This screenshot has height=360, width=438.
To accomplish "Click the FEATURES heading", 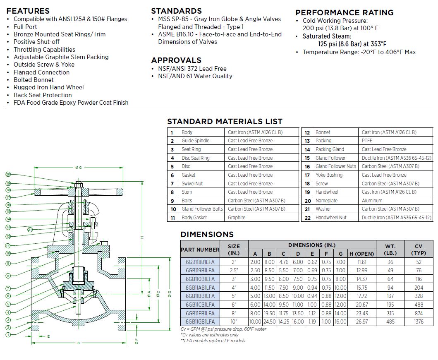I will click(x=28, y=11).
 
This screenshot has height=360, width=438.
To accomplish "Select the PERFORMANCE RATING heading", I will click(x=345, y=12).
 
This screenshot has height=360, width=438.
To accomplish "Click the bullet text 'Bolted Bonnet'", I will click(x=34, y=80).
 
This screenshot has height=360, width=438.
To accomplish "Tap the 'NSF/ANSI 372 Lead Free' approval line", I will click(x=192, y=69).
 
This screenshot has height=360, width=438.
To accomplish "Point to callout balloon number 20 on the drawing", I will click(x=8, y=175).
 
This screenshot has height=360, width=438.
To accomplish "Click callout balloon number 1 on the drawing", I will click(x=8, y=335).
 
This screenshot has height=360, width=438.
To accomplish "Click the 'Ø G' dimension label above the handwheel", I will click(x=78, y=167).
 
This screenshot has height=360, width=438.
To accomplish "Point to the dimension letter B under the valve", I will click(x=78, y=343).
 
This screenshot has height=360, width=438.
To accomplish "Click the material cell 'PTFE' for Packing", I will click(x=367, y=141).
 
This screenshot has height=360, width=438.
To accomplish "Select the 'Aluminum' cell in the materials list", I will click(x=372, y=201).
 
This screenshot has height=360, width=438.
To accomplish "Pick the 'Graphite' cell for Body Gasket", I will click(x=237, y=218).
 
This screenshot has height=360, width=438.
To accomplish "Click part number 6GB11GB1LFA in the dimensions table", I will click(x=200, y=322).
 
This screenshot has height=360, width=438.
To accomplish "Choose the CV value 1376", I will click(x=419, y=322).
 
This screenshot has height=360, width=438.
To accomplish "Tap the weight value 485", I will click(x=390, y=322).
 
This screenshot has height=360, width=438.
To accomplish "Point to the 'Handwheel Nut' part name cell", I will click(x=331, y=218).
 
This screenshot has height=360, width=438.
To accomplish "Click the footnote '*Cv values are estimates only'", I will click(x=209, y=335).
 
